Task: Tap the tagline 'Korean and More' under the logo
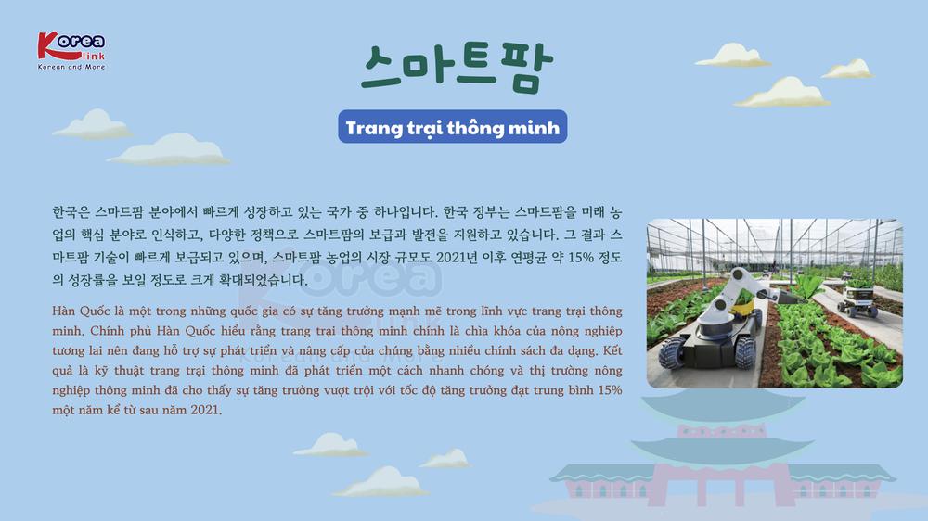pyautogui.click(x=71, y=67)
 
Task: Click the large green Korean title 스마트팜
pyautogui.click(x=457, y=67)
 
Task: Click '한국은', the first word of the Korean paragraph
pyautogui.click(x=71, y=211)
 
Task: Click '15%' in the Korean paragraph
pyautogui.click(x=581, y=257)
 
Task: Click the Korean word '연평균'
pyautogui.click(x=529, y=257)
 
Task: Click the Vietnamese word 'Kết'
pyautogui.click(x=612, y=350)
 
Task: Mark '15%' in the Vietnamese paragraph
pyautogui.click(x=611, y=389)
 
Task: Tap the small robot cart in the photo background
pyautogui.click(x=857, y=299)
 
